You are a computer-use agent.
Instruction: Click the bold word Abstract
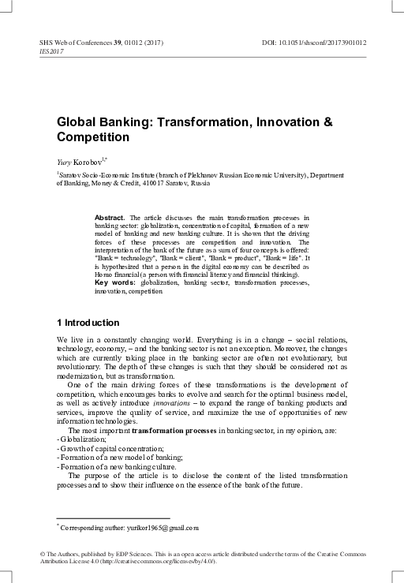point(110,216)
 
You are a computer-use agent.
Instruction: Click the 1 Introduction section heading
point(88,323)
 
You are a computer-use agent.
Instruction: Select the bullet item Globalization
point(82,439)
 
